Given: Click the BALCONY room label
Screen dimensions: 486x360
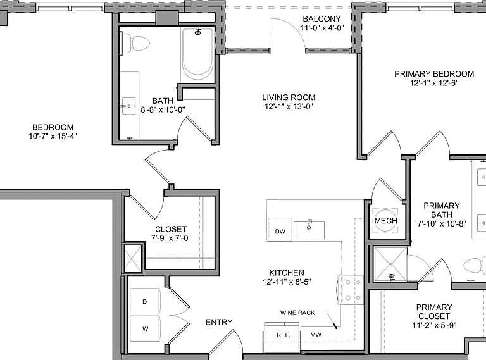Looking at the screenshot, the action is click(321, 19).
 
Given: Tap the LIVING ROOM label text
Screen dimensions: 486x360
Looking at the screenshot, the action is click(289, 97).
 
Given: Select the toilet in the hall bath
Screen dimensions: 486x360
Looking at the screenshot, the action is click(136, 43).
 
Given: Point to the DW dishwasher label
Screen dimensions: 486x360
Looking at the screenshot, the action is click(280, 232).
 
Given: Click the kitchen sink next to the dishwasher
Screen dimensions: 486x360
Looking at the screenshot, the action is click(309, 230).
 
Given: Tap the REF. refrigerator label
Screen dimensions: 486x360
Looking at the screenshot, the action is click(283, 335).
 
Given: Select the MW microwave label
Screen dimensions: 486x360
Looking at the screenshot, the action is click(316, 335).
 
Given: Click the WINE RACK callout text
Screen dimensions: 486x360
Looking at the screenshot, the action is click(297, 313).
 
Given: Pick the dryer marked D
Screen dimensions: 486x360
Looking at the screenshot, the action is click(145, 301).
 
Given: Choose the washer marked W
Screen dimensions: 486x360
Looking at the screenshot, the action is click(145, 329).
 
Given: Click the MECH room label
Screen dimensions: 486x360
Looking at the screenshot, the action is click(385, 221).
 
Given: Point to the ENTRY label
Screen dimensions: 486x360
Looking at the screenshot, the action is click(219, 323).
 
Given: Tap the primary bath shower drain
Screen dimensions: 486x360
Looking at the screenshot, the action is click(392, 276).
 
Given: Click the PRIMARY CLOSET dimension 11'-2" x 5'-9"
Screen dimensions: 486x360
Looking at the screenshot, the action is click(434, 325).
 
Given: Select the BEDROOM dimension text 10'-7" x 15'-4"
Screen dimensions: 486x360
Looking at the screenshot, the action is click(53, 136).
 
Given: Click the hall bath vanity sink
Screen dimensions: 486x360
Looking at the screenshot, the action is click(128, 106).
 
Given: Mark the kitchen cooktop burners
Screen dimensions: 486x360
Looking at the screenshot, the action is click(352, 290).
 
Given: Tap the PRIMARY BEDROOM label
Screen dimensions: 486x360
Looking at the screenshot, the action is click(434, 74).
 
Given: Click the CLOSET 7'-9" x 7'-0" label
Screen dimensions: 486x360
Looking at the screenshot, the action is click(171, 233).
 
